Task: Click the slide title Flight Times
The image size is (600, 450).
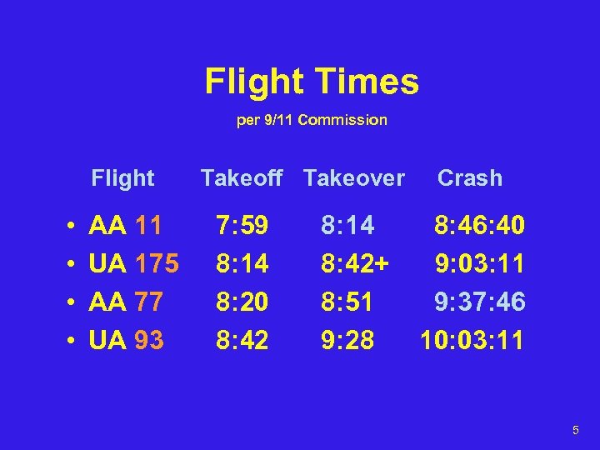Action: coord(312,82)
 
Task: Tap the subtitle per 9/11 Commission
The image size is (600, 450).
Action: coord(312,120)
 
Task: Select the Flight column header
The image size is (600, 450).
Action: coord(122,177)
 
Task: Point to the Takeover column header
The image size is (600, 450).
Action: coord(353,177)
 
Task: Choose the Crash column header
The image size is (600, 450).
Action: coord(470,177)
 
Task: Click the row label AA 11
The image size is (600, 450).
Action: coord(125,225)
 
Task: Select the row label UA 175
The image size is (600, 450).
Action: coord(133,263)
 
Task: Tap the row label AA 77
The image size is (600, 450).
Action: coord(125,302)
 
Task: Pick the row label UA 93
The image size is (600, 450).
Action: coord(126,340)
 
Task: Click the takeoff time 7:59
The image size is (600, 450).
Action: coord(242,225)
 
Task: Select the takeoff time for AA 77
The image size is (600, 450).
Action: coord(242,302)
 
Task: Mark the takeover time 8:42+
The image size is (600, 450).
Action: coord(354,263)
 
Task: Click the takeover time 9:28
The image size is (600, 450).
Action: coord(347,340)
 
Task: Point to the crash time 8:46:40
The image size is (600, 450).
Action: coord(479,225)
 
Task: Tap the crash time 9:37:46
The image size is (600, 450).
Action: coord(479,302)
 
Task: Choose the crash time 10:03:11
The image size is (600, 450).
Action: coord(472,340)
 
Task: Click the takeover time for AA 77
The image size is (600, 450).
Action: coord(347,302)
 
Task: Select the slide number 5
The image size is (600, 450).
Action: coord(575,430)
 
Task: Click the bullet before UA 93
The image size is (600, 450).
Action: coord(73,340)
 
